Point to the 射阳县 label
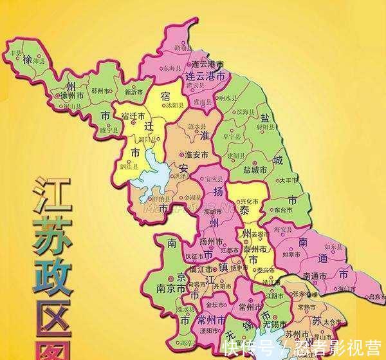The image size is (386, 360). click(x=273, y=127)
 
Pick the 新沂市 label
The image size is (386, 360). click(x=134, y=92)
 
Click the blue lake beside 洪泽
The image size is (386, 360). click(x=154, y=171)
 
